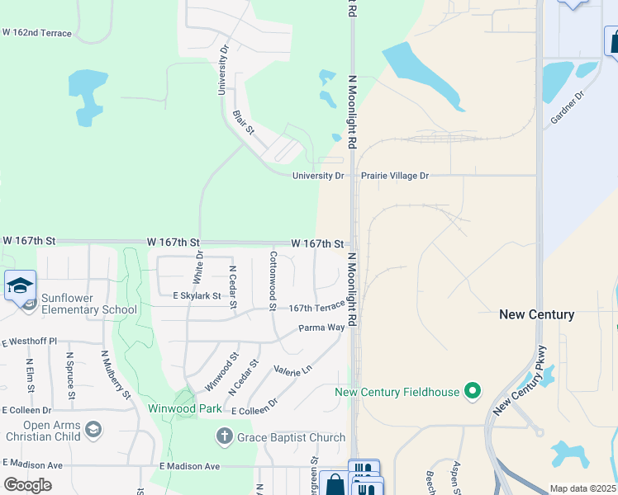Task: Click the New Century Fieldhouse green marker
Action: (x=473, y=391)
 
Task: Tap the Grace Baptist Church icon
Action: (x=224, y=436)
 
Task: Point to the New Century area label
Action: (x=536, y=314)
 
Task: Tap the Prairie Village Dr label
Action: (x=395, y=176)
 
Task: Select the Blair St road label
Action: (x=243, y=125)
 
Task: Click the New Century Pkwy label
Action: (x=520, y=380)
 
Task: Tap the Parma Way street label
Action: (x=321, y=328)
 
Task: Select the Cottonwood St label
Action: (x=272, y=281)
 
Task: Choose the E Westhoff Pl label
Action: (x=29, y=341)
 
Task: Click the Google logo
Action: (x=27, y=485)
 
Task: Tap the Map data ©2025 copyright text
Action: (x=583, y=488)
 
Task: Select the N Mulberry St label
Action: (x=116, y=374)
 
